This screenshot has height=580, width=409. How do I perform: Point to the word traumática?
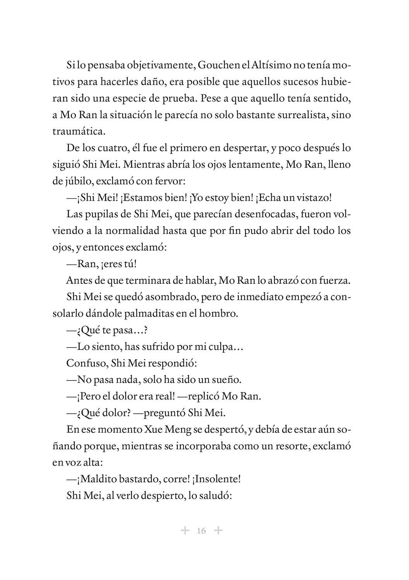click(79, 131)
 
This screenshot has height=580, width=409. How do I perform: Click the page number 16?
click(201, 531)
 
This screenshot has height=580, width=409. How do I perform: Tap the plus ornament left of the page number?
click(185, 530)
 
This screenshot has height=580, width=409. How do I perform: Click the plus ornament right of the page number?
click(218, 530)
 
